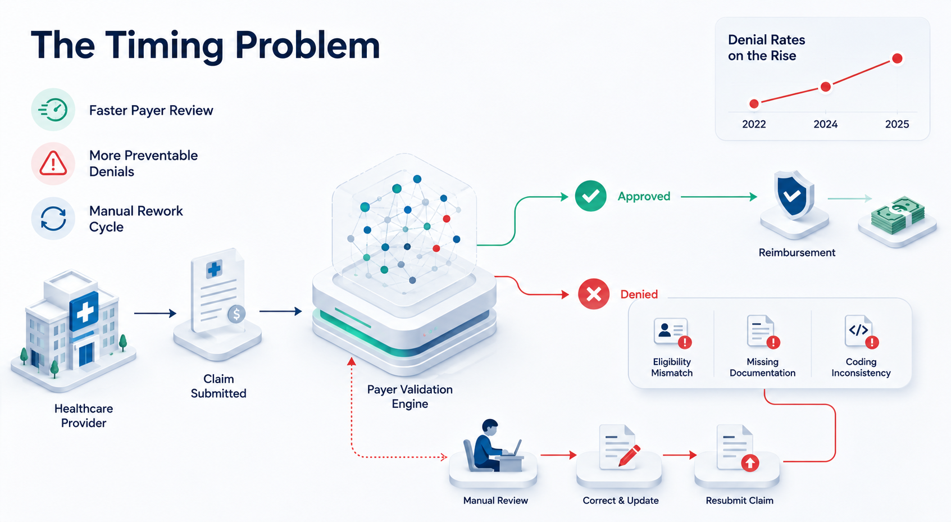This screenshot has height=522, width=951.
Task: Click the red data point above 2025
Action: [897, 58]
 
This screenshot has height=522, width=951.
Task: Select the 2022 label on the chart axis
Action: [754, 124]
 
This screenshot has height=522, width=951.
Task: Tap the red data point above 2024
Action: [826, 87]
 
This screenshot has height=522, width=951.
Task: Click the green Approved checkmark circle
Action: [590, 196]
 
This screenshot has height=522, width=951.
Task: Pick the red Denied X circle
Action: [594, 294]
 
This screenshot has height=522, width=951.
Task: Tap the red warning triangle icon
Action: [53, 164]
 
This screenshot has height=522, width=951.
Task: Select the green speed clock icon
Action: [53, 110]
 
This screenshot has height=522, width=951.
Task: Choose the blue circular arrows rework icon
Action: [53, 219]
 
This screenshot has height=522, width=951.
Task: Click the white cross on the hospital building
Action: [85, 313]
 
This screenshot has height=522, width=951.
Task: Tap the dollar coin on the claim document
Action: [236, 314]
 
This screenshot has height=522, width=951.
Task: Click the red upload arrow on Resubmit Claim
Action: [750, 462]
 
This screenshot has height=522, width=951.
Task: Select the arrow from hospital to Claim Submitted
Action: [155, 314]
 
